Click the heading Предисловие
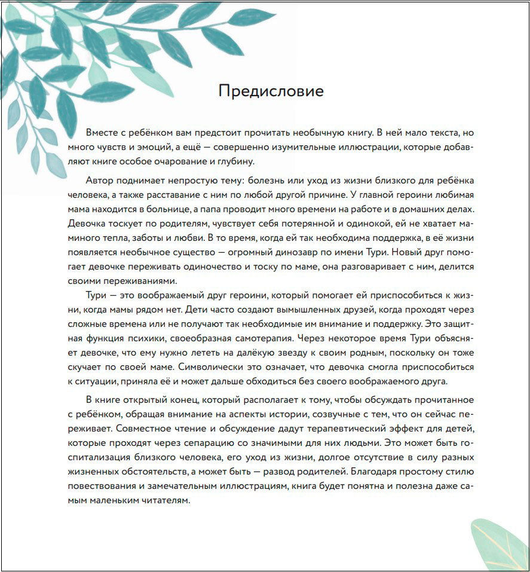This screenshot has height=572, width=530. point(271,91)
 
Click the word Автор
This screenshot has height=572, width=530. point(100,180)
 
